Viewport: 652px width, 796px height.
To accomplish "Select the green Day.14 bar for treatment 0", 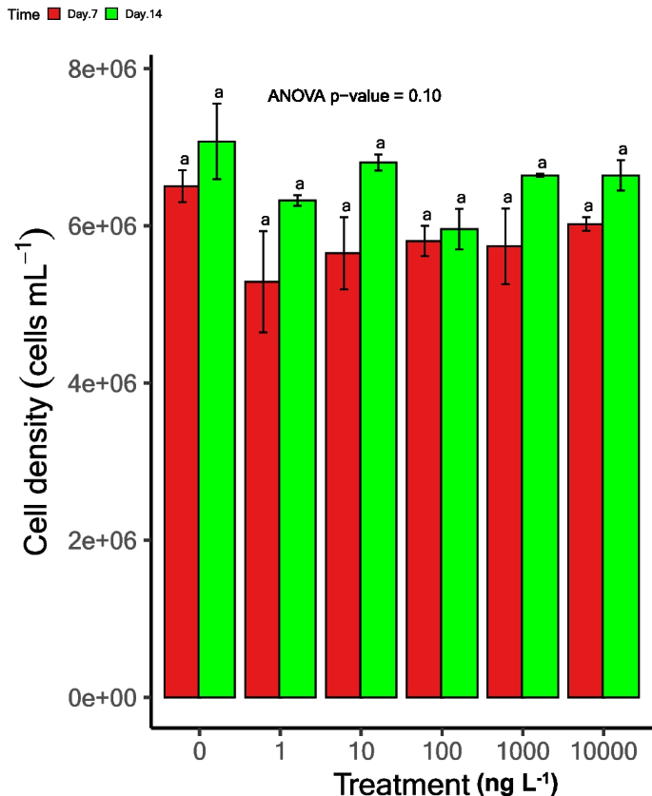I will (x=217, y=418).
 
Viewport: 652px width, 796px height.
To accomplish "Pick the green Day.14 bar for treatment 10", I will (x=378, y=429).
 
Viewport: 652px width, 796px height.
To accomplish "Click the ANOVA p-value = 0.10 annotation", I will (x=353, y=96).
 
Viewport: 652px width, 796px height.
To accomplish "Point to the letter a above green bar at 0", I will (x=218, y=92).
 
